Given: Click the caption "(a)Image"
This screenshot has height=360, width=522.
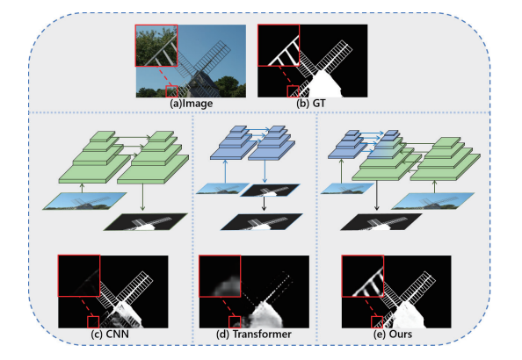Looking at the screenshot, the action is [x=192, y=104].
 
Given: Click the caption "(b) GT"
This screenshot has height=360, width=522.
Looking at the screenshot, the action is [x=310, y=104].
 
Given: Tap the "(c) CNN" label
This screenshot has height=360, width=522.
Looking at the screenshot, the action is [x=110, y=334].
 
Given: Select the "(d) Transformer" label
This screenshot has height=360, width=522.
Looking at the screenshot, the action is [x=254, y=334].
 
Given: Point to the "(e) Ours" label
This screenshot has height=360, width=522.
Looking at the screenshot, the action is [x=393, y=334].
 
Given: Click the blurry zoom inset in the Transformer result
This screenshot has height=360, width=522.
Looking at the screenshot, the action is [x=220, y=276].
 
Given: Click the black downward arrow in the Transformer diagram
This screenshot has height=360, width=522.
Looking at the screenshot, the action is [x=264, y=204].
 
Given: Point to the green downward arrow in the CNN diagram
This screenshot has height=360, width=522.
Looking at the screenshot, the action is [x=142, y=197].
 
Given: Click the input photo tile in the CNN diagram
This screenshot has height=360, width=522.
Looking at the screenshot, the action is [x=84, y=201].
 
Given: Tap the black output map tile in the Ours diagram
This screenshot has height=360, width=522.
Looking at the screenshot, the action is [x=381, y=222].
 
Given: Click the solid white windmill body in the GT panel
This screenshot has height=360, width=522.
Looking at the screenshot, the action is [x=324, y=85].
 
